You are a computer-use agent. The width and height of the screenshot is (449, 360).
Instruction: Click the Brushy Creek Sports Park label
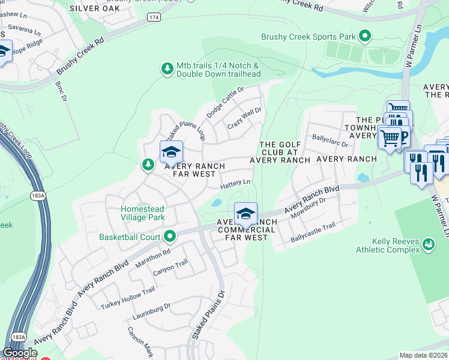(x=309, y=37)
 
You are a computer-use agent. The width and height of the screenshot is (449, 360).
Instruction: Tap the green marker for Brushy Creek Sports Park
(x=365, y=37)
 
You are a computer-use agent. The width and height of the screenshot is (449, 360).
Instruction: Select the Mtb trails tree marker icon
(x=167, y=70)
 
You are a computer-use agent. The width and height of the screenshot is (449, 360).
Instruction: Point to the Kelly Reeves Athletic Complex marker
(x=429, y=244)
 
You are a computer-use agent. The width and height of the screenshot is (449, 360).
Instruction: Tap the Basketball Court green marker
(x=170, y=236)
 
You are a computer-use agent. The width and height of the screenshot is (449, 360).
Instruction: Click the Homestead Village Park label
(x=142, y=213)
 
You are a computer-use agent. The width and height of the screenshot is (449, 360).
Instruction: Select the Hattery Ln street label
(x=236, y=182)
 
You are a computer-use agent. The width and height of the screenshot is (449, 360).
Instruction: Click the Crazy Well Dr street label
(x=244, y=119)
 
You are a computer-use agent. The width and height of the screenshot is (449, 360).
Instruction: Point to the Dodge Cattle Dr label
(x=225, y=102)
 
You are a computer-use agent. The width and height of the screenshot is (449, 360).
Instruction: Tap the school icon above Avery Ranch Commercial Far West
(x=245, y=214)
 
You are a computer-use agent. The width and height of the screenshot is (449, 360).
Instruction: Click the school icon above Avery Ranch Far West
(x=170, y=152)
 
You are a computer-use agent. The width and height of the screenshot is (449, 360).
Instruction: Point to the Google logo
(x=20, y=353)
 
